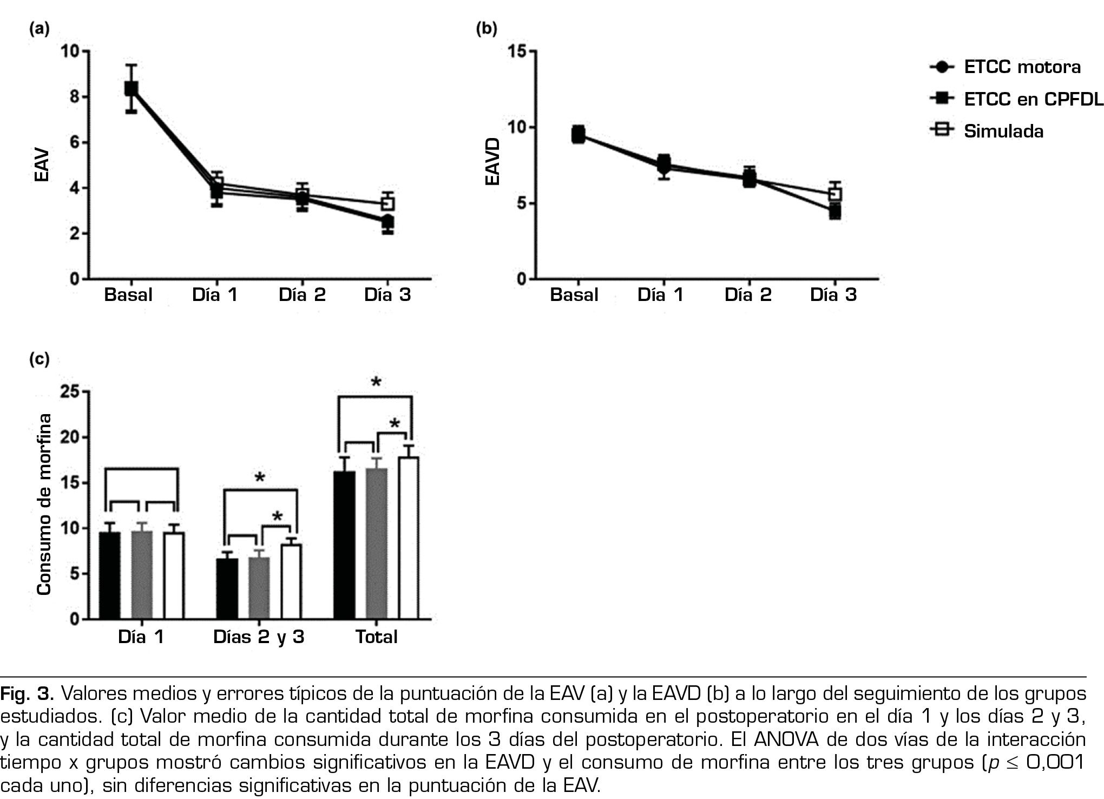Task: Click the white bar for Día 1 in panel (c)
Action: [174, 575]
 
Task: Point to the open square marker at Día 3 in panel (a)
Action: [387, 204]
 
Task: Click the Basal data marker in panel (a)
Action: [131, 88]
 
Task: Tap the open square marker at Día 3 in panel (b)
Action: [835, 194]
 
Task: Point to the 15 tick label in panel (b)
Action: [517, 51]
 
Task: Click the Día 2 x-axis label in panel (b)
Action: [748, 295]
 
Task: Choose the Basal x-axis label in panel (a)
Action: [128, 295]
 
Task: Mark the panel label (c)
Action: [40, 359]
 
